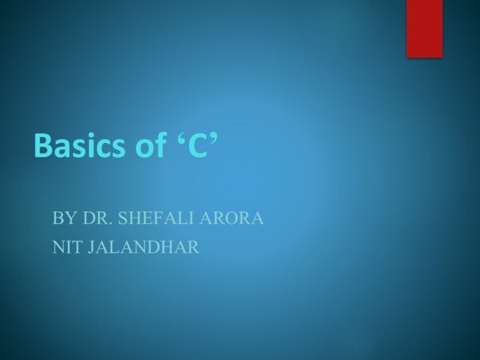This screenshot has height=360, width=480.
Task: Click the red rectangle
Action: point(424,28)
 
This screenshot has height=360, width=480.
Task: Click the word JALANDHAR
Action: point(141,248)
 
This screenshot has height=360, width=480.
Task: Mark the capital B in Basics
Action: point(43,146)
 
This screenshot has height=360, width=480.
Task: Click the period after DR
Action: point(105,222)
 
